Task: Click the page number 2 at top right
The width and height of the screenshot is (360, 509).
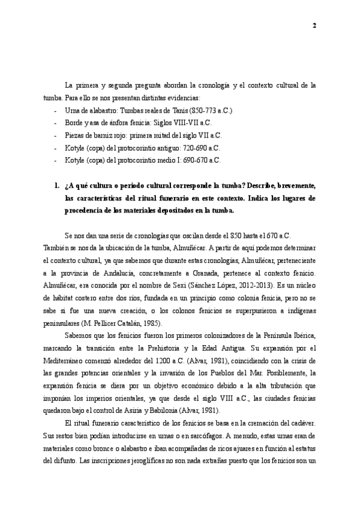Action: (314, 26)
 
